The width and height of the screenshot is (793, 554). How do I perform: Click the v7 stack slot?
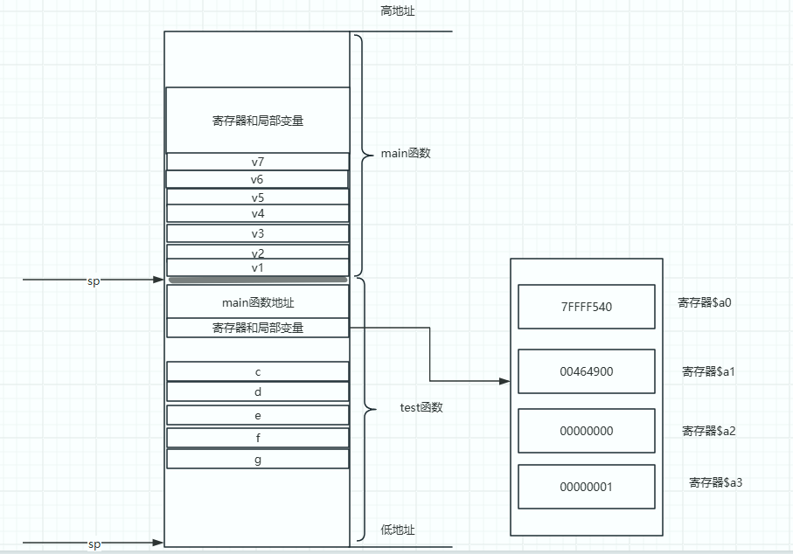257,162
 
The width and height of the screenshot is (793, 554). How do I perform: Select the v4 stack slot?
257,213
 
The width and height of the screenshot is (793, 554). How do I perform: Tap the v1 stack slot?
257,267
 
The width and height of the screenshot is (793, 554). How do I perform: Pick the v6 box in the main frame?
257,179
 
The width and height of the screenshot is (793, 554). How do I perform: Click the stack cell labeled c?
257,371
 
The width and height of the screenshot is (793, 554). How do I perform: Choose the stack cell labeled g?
257,459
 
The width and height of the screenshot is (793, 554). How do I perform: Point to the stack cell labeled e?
257,415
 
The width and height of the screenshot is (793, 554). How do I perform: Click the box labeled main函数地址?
257,302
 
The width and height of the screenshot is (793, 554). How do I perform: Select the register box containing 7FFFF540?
586,307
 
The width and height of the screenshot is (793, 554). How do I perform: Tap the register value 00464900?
586,371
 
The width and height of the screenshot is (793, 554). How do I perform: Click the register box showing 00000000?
586,431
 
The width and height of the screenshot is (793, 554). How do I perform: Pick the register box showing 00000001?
586,487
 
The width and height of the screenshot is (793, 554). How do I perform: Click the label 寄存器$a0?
705,302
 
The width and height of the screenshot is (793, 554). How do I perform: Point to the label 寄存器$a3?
715,482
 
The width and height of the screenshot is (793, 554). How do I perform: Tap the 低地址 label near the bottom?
398,530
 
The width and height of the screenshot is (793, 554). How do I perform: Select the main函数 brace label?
406,154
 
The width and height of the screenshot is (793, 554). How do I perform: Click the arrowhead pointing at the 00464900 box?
504,381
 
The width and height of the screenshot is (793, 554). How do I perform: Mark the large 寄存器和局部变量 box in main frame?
257,121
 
